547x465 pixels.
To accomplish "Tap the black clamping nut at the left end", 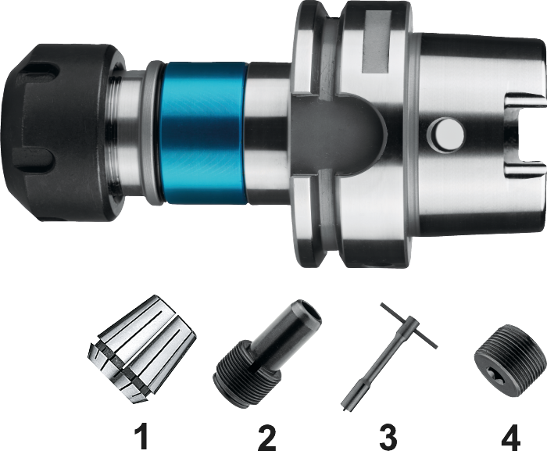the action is (63, 132).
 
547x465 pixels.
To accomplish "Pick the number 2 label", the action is (267, 436).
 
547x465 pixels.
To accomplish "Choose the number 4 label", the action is (511, 436).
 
